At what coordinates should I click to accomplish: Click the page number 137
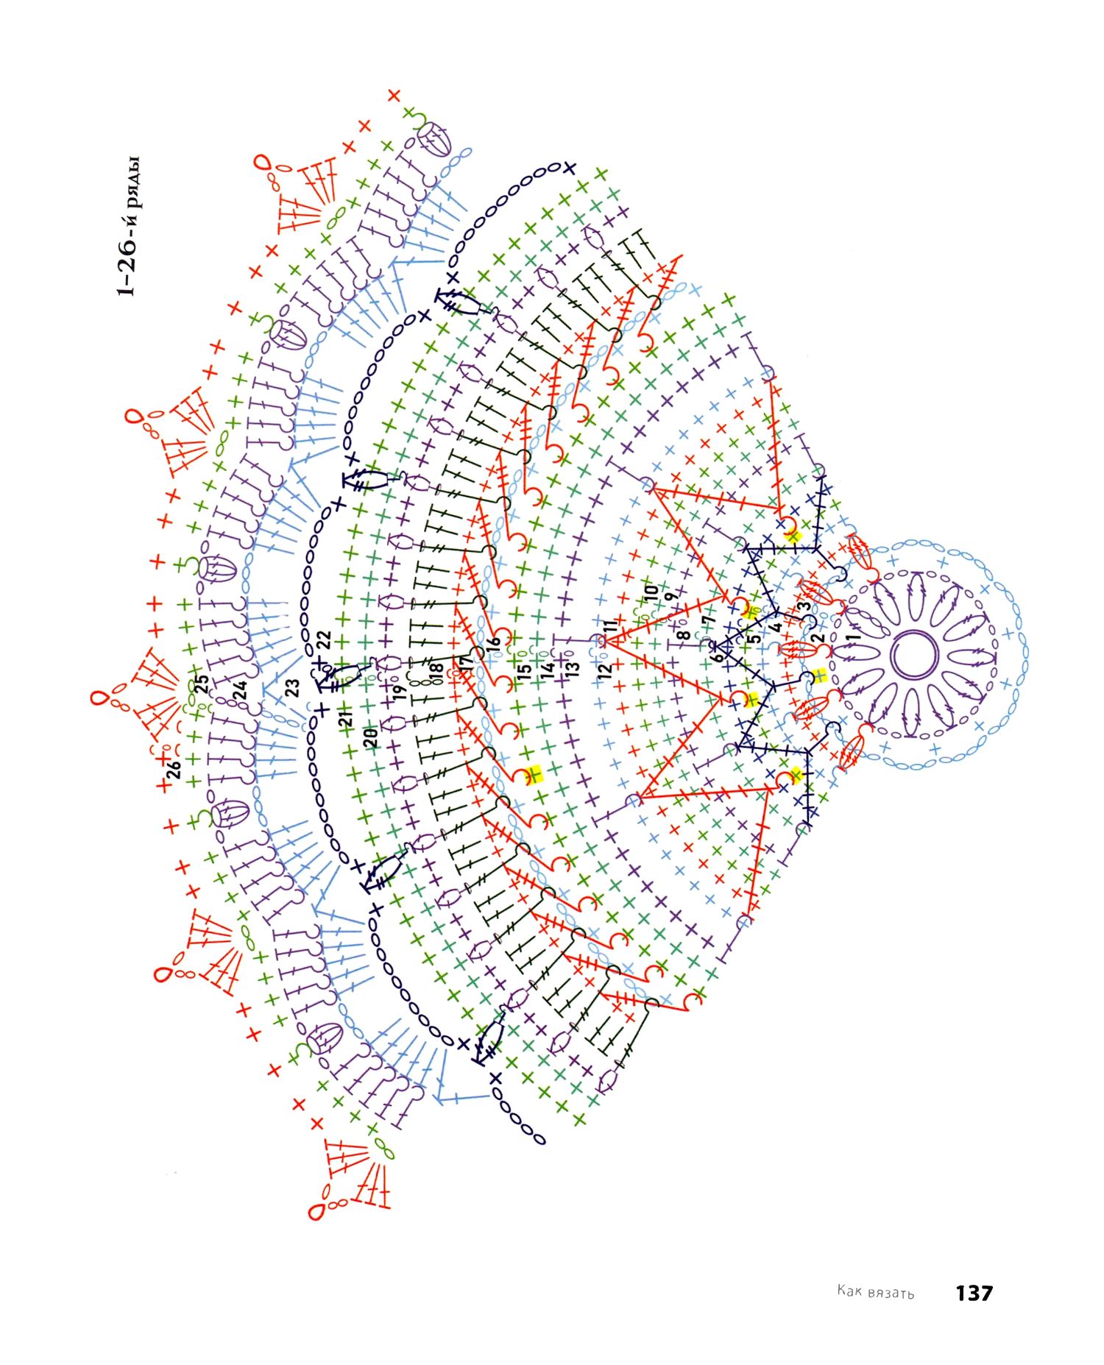[x=974, y=1293]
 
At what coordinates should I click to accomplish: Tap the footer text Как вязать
[x=875, y=1292]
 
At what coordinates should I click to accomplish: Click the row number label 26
[x=173, y=770]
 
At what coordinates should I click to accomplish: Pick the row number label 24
[x=240, y=690]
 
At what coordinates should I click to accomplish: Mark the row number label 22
[x=324, y=640]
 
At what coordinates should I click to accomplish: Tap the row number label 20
[x=371, y=737]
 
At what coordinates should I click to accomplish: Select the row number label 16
[x=494, y=642]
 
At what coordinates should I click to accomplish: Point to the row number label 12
[x=604, y=671]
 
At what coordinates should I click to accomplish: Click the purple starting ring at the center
[x=915, y=654]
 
